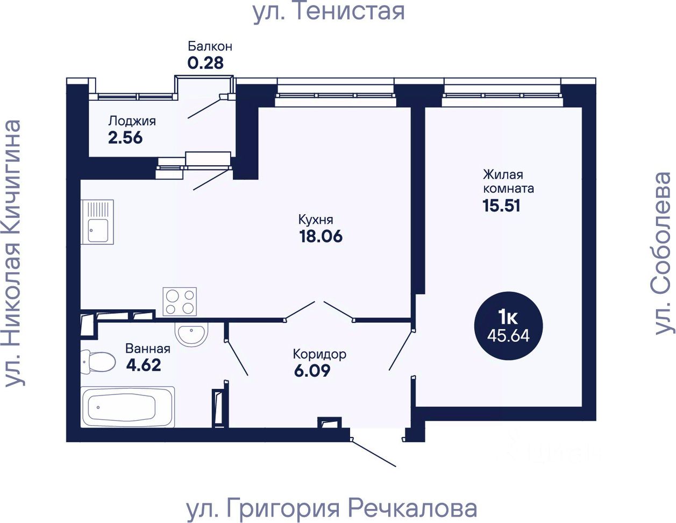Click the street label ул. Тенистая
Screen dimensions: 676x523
tap(329, 12)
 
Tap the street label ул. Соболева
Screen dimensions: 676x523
tap(663, 253)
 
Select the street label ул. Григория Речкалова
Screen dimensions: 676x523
tap(332, 508)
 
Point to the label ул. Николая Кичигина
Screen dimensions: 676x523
tap(13, 253)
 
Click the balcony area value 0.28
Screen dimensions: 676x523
tap(205, 63)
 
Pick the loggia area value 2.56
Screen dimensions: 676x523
tap(125, 138)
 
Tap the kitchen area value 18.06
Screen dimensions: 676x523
tap(321, 236)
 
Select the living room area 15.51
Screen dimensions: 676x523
tap(501, 206)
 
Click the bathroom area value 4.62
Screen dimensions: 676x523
tap(144, 365)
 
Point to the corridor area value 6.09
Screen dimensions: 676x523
tap(312, 371)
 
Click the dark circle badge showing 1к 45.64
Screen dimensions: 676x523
tap(508, 326)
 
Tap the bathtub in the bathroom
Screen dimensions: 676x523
tap(127, 407)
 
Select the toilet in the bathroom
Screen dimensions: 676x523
tap(98, 362)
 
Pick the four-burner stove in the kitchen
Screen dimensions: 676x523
tap(180, 301)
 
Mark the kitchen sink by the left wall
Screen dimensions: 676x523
tap(97, 222)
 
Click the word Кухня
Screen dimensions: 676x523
tap(316, 220)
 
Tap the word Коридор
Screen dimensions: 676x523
tap(319, 355)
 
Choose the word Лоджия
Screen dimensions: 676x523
tap(132, 121)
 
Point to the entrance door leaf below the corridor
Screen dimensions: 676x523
tap(373, 453)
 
